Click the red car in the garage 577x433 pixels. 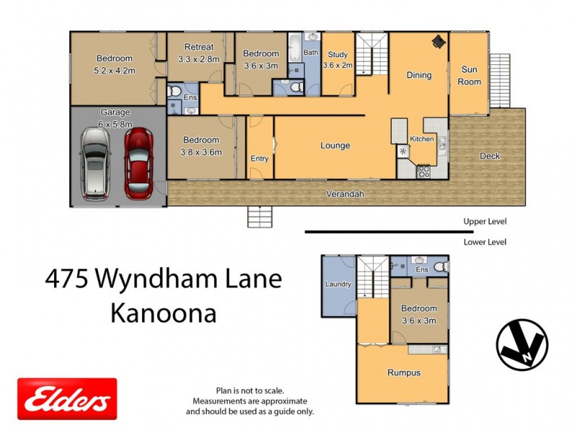click(x=139, y=164)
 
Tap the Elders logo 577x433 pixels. click(x=67, y=399)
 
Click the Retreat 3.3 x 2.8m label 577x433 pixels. click(x=198, y=53)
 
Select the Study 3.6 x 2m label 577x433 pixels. click(x=338, y=60)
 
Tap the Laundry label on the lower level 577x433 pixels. click(x=338, y=284)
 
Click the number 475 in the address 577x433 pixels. click(x=69, y=279)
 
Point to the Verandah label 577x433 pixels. click(x=345, y=194)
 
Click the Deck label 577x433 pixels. click(x=490, y=156)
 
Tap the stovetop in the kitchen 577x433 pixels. click(x=423, y=172)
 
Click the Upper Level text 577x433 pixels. click(x=485, y=222)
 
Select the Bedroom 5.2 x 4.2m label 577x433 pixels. click(x=114, y=64)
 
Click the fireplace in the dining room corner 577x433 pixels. click(x=438, y=42)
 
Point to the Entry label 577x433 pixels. click(x=259, y=159)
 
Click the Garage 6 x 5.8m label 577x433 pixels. click(x=115, y=118)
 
